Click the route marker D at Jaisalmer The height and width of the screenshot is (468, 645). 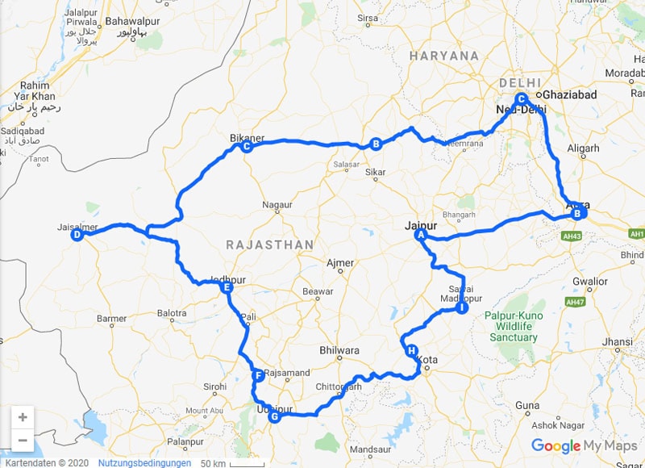[76, 236]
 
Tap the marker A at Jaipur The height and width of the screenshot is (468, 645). [419, 235]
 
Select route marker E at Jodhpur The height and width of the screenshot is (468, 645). [227, 287]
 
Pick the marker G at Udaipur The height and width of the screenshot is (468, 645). [274, 417]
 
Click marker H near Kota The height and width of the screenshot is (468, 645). [412, 351]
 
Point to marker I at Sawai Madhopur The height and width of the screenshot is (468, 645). [461, 307]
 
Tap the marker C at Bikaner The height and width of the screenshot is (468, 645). [247, 147]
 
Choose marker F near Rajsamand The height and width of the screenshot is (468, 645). [258, 376]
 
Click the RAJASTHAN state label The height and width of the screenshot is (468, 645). [268, 244]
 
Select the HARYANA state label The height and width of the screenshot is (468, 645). [443, 56]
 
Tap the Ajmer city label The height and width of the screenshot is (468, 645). [340, 263]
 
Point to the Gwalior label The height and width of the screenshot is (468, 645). [589, 282]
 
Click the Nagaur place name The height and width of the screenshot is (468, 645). [277, 206]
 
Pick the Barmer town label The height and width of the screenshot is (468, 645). [111, 319]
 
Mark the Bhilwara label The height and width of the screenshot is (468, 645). [339, 350]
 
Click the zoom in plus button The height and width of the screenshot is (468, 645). [23, 417]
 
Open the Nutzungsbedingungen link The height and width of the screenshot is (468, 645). [145, 463]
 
